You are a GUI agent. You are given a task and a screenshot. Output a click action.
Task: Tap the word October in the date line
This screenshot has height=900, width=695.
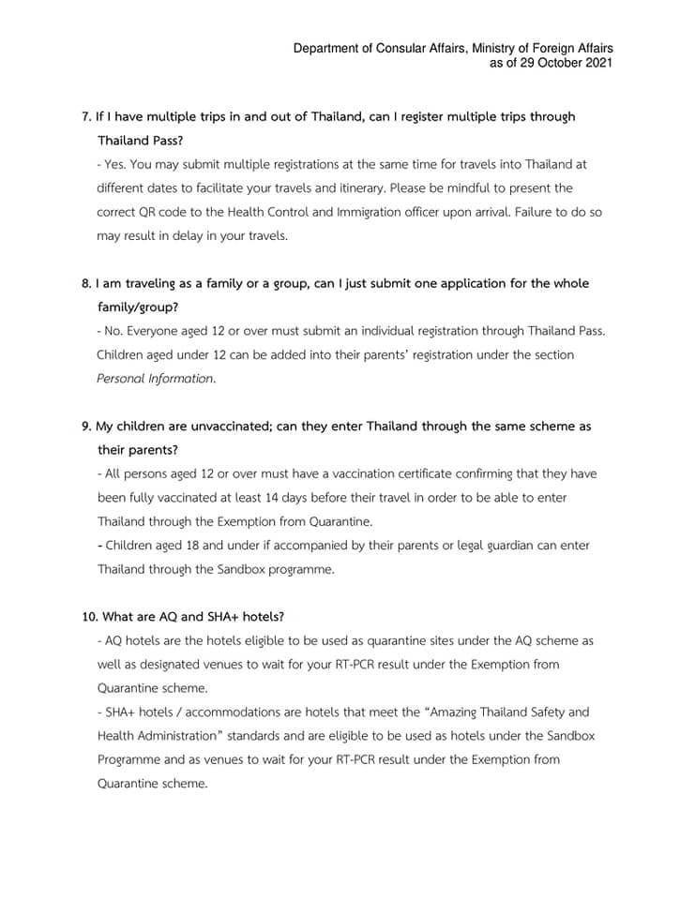pos(550,63)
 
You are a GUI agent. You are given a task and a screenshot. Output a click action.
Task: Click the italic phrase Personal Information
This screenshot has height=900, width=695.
pos(156,380)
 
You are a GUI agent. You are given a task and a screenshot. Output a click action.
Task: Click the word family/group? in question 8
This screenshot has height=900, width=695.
pos(134,307)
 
